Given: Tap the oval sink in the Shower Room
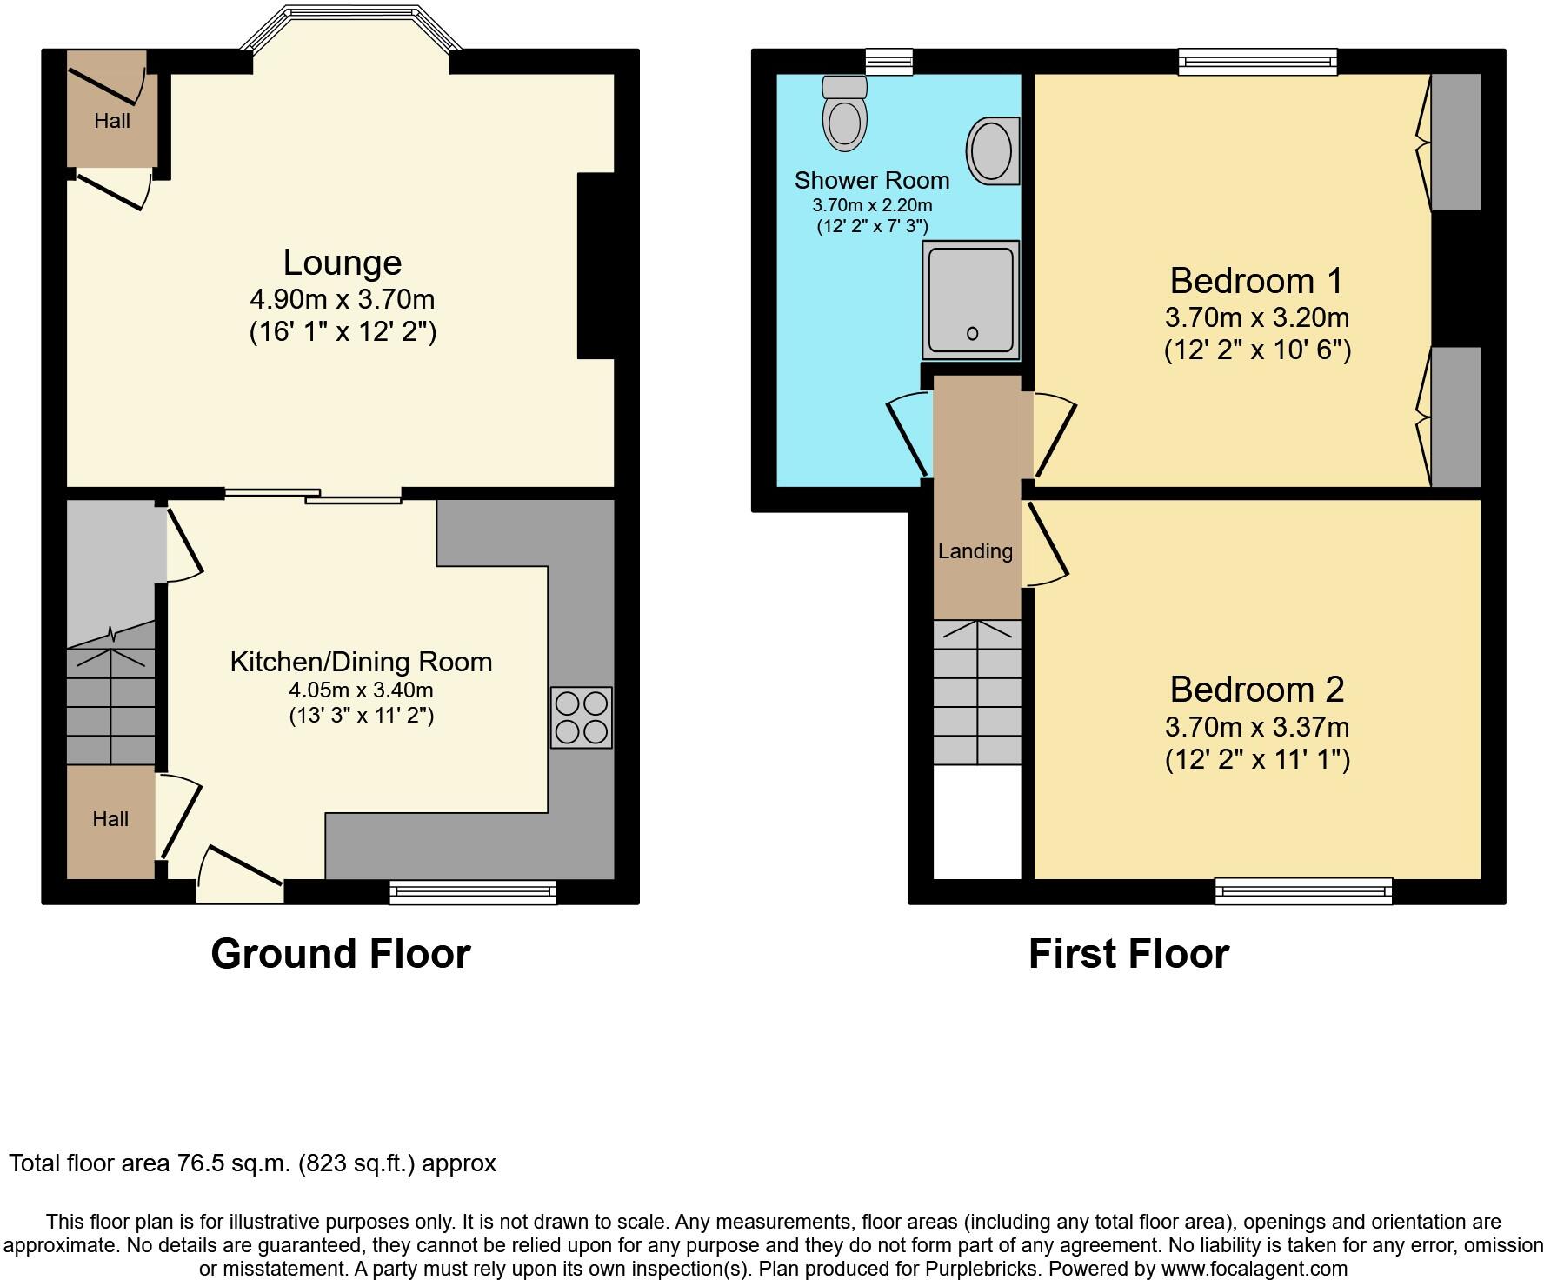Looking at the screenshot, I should [x=991, y=150].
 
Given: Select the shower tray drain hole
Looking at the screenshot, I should [x=972, y=333].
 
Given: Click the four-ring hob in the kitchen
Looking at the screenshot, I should [x=582, y=717].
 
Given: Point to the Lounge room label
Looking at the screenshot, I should [x=343, y=263].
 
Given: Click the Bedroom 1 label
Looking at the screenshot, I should [x=1256, y=281].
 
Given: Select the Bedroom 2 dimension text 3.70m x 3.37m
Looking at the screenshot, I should [x=1257, y=726].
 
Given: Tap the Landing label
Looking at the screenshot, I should [x=975, y=551].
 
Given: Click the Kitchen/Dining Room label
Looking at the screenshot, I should [x=361, y=662].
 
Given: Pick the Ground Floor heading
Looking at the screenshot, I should [x=341, y=954].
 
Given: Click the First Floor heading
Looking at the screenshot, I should [x=1128, y=954].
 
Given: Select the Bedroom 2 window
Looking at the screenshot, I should [x=1303, y=890].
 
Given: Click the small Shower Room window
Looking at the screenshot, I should [x=889, y=60].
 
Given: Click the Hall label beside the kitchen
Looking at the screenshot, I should [x=110, y=819].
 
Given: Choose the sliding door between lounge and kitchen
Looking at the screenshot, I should [x=313, y=496].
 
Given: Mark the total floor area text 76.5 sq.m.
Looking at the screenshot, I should [x=252, y=1163].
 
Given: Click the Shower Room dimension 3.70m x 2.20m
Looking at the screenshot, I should [x=872, y=206].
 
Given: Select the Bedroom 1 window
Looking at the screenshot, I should [x=1257, y=60].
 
